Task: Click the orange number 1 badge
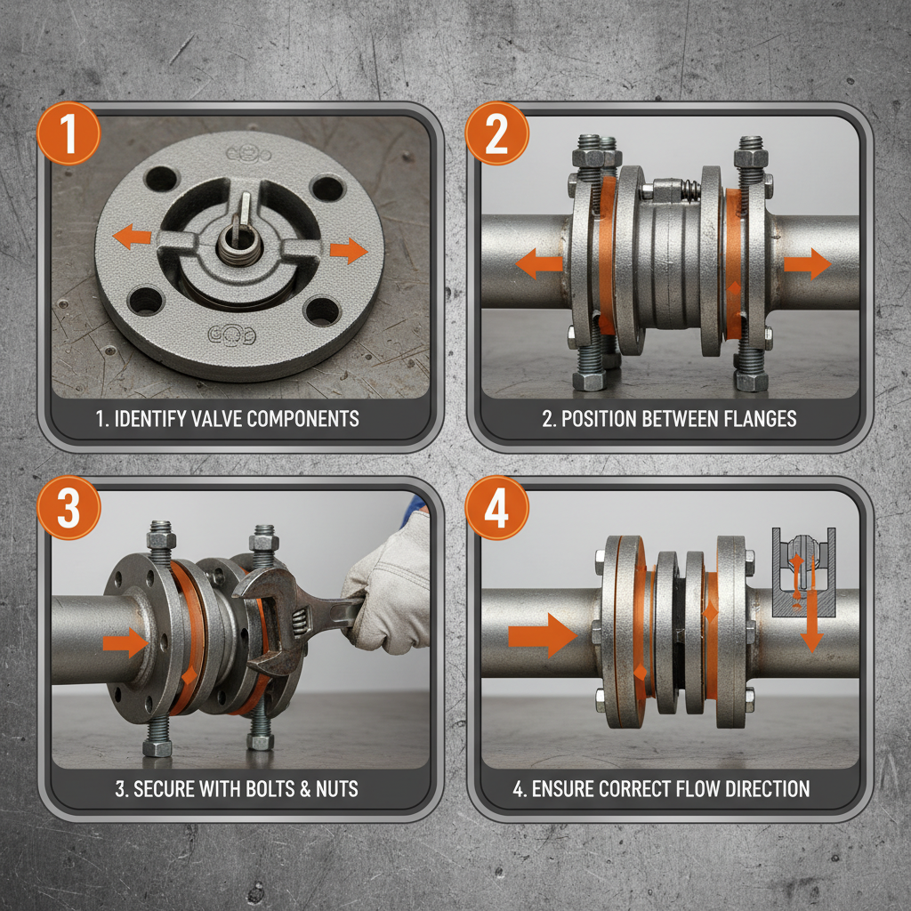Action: pos(69,133)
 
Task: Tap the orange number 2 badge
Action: pos(496,133)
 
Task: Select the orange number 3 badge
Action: pos(69,508)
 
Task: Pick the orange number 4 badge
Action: pos(496,508)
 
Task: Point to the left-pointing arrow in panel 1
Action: pos(132,237)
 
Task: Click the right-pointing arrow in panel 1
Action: pos(349,250)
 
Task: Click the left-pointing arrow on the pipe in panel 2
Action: pos(538,263)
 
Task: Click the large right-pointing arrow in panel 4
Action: pos(543,635)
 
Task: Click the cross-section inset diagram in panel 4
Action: pos(803,572)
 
